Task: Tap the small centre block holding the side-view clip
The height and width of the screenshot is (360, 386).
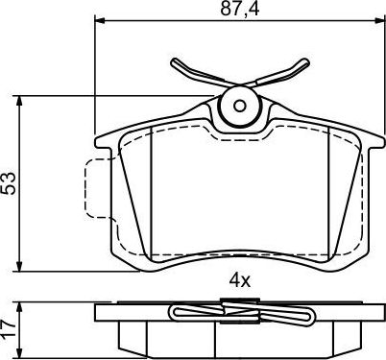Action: pos(237,306)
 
